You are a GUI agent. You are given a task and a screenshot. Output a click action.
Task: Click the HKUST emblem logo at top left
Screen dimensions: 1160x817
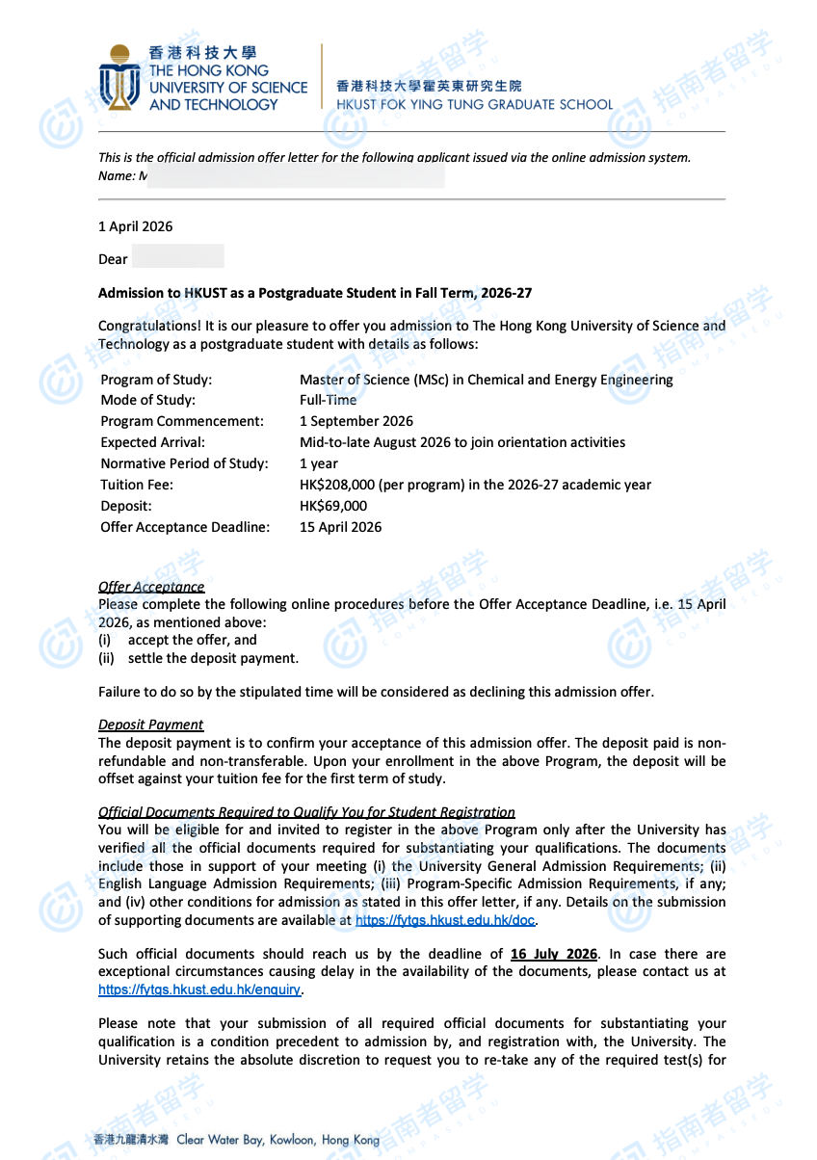tap(119, 77)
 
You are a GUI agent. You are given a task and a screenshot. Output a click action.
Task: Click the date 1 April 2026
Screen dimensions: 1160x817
tap(136, 226)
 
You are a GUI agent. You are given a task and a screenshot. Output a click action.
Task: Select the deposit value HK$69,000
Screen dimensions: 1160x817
tap(333, 506)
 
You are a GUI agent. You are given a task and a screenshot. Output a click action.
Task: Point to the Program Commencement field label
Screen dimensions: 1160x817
tap(182, 421)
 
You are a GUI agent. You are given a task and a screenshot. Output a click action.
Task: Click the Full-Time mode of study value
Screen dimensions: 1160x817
tap(328, 400)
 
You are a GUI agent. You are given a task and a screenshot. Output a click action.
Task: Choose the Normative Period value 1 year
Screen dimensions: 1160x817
tap(319, 463)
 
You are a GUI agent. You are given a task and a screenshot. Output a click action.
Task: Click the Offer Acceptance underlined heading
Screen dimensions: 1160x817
tap(151, 587)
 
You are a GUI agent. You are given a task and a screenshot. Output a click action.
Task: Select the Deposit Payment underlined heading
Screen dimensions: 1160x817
tap(151, 725)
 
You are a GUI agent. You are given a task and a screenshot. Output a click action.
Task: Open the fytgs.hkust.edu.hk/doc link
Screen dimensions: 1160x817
tap(445, 920)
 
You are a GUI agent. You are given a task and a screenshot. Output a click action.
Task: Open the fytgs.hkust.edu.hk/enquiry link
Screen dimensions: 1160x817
tap(199, 989)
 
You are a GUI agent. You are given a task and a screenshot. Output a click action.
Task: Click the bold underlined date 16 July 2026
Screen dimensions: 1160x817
tap(554, 954)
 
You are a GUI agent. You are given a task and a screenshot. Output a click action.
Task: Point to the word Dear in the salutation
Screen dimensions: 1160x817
tap(113, 259)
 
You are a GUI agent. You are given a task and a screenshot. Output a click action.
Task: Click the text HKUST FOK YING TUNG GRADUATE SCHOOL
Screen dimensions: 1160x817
tap(474, 104)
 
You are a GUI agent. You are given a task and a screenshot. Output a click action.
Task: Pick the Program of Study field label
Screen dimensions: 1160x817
tap(156, 380)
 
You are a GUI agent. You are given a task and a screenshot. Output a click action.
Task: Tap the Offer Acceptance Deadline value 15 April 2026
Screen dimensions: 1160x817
tap(340, 527)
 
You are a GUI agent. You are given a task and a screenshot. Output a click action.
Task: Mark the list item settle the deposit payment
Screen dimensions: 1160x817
tap(213, 658)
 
